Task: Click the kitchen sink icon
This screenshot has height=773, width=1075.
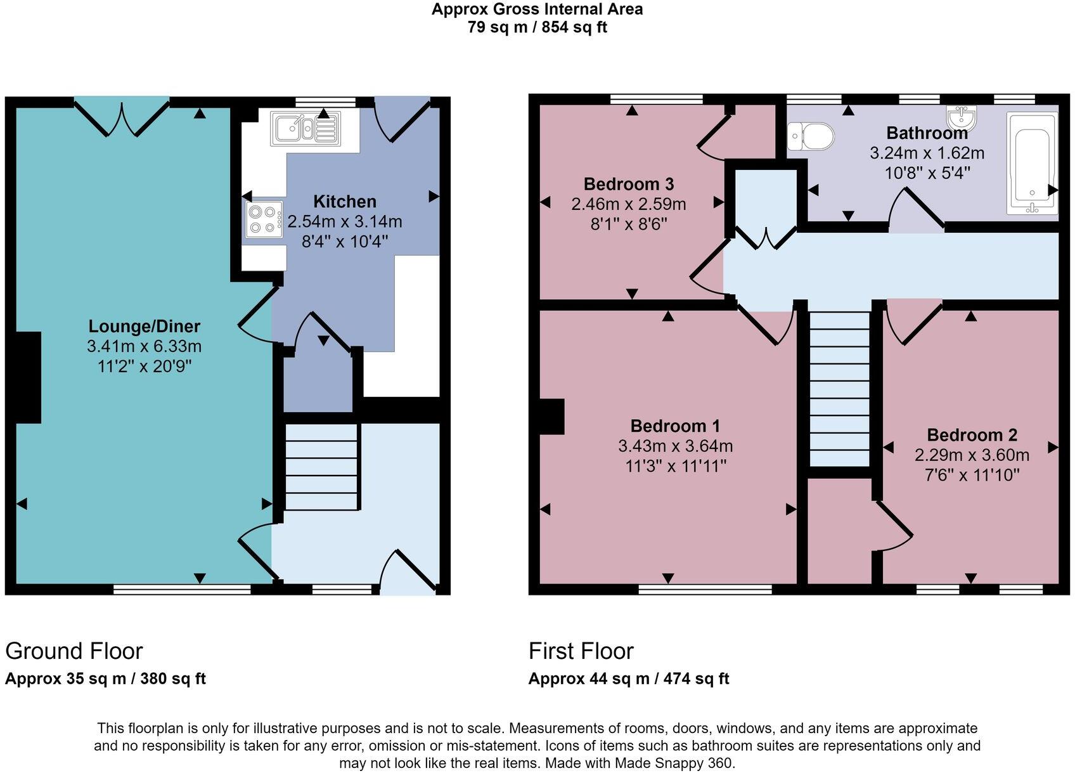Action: coord(306,128)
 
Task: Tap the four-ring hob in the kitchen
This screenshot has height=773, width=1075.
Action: coord(264,219)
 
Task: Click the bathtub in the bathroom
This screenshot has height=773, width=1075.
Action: coord(1032,162)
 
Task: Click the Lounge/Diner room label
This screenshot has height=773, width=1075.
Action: coord(144,327)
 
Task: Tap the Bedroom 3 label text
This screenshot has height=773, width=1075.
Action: coord(628,185)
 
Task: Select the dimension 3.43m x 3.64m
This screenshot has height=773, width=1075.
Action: coord(675,446)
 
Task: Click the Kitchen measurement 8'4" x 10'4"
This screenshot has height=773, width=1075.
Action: coord(345,241)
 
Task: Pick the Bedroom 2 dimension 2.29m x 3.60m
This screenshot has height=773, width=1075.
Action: coord(971,455)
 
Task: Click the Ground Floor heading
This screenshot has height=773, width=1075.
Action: coord(74,651)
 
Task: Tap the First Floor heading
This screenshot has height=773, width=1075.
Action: coord(581,651)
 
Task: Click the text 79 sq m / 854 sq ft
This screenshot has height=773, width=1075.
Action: coord(537,27)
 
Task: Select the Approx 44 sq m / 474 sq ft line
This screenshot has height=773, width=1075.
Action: coord(628,679)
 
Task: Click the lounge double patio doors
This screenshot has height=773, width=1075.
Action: coord(122,117)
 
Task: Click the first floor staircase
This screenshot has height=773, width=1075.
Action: coord(840,388)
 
